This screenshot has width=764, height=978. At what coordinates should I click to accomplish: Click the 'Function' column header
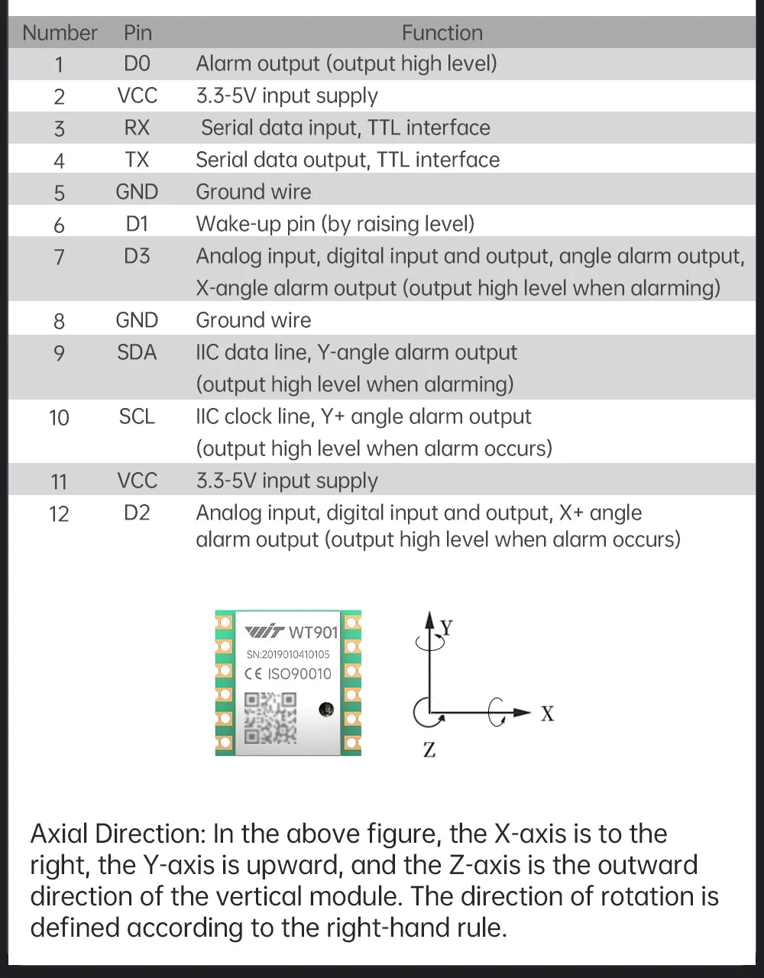442,33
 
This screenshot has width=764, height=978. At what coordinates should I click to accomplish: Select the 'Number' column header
60,33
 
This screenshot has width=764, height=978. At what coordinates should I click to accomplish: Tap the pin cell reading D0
137,63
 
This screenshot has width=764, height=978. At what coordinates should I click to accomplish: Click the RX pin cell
137,128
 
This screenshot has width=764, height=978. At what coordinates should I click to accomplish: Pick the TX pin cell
137,160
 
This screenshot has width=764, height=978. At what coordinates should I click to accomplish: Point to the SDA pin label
137,352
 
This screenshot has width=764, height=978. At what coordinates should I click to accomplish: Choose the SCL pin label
137,416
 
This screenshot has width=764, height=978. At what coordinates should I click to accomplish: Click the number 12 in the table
59,514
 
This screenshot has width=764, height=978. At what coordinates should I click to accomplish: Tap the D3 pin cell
137,256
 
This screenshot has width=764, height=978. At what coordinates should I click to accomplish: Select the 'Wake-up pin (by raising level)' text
335,224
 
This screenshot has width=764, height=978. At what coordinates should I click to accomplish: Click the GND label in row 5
137,192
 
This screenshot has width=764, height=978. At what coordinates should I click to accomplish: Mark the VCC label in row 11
137,481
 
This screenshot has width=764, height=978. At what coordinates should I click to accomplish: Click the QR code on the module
270,718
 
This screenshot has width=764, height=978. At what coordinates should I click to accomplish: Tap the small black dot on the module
326,709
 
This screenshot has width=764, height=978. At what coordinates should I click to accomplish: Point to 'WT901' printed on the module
313,632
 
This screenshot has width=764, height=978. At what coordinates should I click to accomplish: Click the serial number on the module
288,654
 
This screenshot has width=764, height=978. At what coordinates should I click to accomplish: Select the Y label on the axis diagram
447,628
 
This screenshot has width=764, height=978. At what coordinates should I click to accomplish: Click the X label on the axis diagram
547,714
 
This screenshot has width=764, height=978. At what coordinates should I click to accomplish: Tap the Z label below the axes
429,750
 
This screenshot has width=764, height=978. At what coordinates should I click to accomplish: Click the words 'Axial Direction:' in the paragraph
118,834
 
